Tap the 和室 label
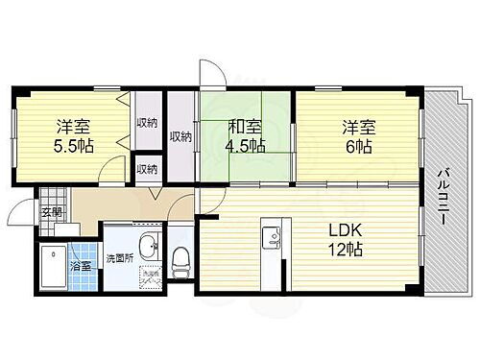click(245, 127)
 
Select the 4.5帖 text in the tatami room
click(245, 147)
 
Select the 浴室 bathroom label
click(82, 266)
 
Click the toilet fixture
click(179, 257)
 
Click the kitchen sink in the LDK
click(271, 235)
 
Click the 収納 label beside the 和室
click(180, 135)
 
